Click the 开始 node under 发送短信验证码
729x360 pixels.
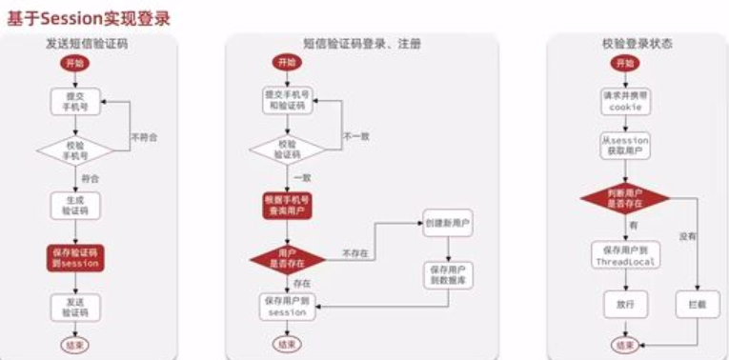73,63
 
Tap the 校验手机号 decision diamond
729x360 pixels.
73,150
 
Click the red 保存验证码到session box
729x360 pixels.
73,257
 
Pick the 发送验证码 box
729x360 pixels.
73,306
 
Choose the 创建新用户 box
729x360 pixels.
447,226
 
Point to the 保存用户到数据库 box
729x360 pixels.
447,275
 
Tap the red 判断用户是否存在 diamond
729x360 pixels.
624,196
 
